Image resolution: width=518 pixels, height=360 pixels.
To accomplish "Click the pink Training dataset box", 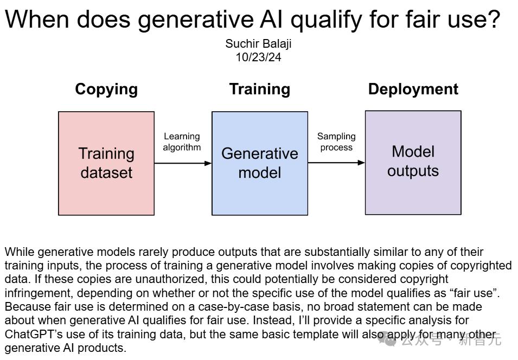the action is coord(106,164).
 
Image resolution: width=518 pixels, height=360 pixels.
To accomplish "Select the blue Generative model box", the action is coord(260,164).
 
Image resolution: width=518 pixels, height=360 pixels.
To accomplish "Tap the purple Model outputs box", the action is coord(413,163).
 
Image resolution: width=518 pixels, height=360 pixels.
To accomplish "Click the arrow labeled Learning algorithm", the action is coord(183,163).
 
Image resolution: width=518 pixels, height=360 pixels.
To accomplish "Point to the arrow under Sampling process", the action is coord(336,163).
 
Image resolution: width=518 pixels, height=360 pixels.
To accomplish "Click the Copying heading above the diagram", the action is coord(106,89).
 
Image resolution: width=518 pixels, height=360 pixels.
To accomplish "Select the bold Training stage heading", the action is coord(260,89).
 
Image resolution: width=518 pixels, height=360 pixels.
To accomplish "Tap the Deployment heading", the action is coord(413,89).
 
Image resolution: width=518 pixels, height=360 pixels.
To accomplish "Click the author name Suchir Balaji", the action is coord(258,43).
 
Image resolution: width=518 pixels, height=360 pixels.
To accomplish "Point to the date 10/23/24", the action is coord(258,57).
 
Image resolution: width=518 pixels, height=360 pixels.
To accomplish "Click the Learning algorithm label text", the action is coord(182,142).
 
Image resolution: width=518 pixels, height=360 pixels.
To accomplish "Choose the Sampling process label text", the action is coord(336,142).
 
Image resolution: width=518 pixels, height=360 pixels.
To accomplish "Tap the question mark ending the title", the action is coord(494,19).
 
